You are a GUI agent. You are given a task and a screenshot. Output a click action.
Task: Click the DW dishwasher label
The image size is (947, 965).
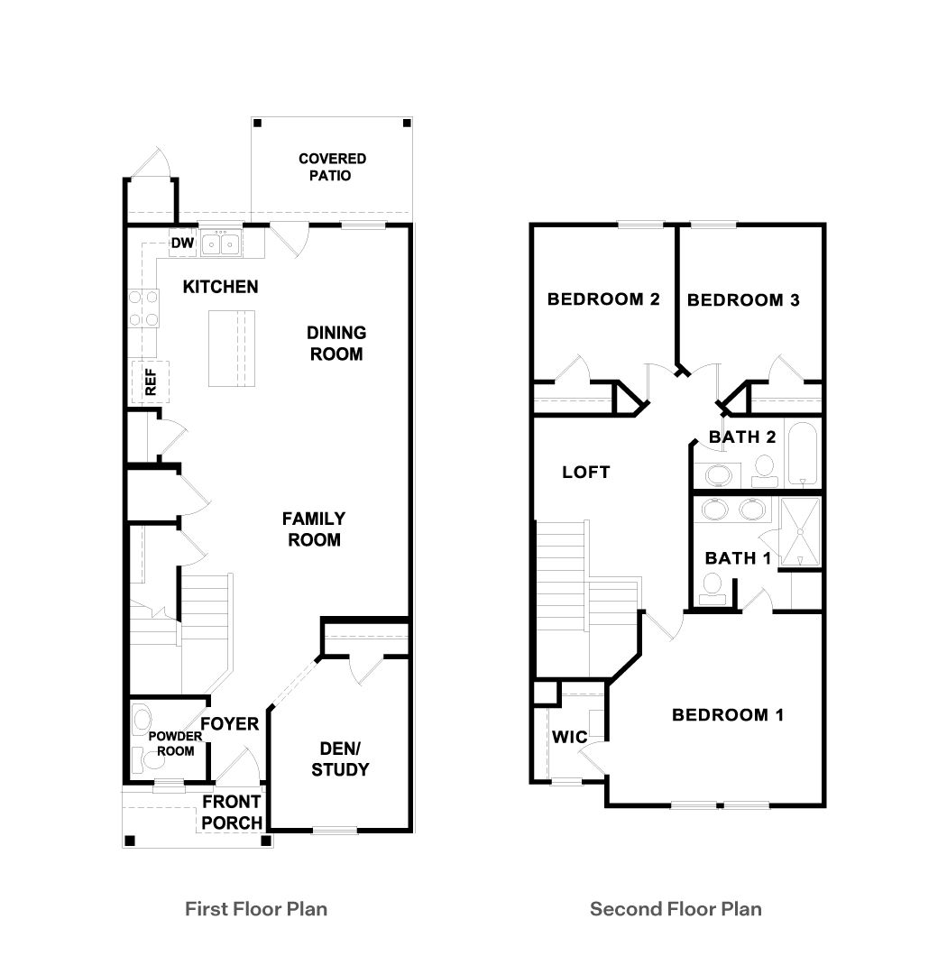point(182,243)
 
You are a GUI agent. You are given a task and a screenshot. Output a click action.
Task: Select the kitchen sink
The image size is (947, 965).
point(220,243)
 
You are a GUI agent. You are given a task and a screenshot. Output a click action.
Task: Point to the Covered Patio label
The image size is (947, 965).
point(332,167)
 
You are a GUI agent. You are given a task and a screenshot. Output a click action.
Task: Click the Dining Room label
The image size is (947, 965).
point(336,344)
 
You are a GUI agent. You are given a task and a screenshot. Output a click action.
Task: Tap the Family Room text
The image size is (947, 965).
point(313,529)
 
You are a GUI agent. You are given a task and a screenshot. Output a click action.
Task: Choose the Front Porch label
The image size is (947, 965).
point(231,812)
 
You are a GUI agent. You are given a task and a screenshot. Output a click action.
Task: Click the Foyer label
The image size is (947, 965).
point(229,723)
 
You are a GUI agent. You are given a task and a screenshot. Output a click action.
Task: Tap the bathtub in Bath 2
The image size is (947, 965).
point(802,455)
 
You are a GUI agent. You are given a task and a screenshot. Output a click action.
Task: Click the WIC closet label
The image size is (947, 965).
point(569,737)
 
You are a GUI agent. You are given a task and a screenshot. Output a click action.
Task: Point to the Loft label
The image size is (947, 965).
point(585,472)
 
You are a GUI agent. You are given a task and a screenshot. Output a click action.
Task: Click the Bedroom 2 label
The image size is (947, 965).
point(603,299)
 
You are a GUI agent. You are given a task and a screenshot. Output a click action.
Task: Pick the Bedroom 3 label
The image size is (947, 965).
point(743,300)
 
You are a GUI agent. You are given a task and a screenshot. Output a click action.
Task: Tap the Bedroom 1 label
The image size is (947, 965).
point(728,715)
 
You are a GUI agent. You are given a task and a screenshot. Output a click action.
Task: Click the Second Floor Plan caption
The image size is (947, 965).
point(676,908)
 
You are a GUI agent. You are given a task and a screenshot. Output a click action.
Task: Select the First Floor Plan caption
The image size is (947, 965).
point(256,908)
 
